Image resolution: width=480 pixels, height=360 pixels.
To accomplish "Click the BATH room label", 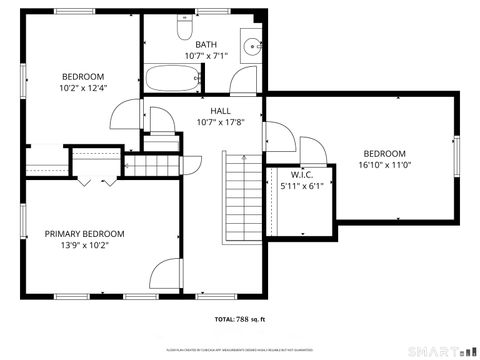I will (x=206, y=44).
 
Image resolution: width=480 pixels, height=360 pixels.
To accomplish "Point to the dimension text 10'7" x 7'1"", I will (x=206, y=56).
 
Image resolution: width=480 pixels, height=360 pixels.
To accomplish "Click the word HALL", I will (x=220, y=111).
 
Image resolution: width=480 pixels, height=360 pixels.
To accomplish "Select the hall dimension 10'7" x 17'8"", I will (x=220, y=123).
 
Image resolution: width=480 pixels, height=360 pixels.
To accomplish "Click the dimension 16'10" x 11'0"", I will (x=384, y=166).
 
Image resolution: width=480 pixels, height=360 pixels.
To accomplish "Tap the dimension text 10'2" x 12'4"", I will (x=84, y=88).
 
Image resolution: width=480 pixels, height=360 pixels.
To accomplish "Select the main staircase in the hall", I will (x=240, y=194).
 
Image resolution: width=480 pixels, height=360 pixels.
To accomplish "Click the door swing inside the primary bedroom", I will (x=165, y=275).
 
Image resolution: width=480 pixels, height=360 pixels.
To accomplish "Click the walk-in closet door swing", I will (x=312, y=154).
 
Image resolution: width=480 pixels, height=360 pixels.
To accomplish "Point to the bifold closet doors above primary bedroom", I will (x=95, y=181).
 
